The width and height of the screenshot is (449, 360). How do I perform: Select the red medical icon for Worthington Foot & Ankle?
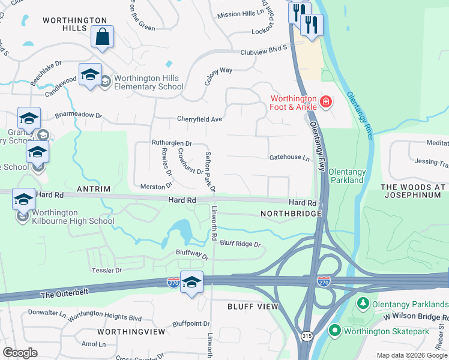325,102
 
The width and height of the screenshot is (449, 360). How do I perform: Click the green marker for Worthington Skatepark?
334,330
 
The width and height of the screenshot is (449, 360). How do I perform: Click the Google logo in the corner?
20,353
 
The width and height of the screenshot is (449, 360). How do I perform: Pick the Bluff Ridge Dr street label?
240,244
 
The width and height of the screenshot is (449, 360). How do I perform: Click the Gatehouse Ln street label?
289,158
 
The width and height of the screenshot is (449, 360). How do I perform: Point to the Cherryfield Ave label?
199,119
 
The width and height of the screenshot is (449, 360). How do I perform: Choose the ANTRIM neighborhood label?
94,189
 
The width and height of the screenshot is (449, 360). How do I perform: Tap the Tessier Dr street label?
107,271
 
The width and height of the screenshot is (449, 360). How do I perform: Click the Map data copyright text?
412,355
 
